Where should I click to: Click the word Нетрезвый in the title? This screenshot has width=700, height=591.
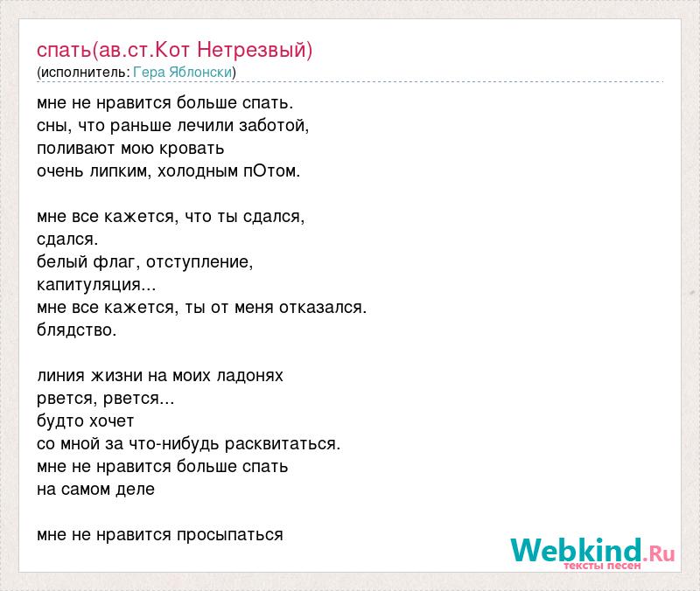(x=255, y=50)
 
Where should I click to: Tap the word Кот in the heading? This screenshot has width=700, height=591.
(x=172, y=50)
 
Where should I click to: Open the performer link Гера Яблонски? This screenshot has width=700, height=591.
(x=183, y=73)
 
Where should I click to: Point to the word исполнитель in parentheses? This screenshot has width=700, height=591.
(x=83, y=73)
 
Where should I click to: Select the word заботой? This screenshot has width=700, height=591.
(x=274, y=126)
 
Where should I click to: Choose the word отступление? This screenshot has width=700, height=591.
(x=199, y=262)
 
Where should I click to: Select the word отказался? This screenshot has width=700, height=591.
(x=323, y=308)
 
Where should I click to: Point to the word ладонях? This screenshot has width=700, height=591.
(x=250, y=376)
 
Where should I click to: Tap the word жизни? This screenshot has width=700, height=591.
(x=117, y=376)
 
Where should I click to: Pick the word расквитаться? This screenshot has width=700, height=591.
(x=283, y=444)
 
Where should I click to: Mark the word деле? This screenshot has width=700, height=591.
(x=136, y=490)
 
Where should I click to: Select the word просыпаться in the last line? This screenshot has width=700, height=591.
(x=230, y=535)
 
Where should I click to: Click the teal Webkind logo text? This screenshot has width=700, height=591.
(x=576, y=550)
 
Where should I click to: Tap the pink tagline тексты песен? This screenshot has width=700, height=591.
(x=602, y=566)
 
